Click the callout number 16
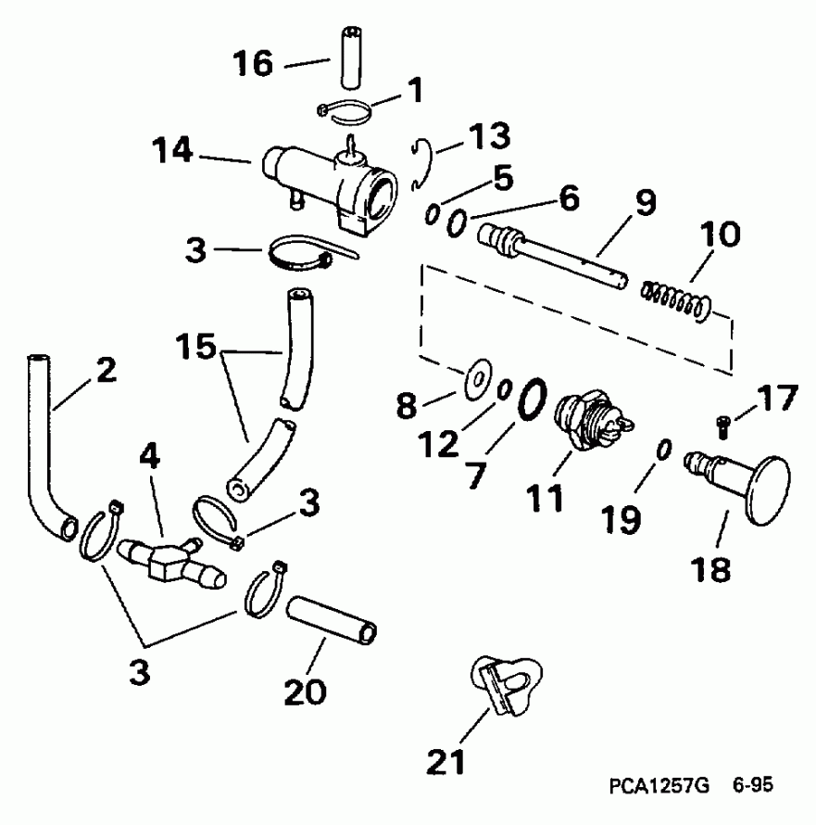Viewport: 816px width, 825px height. click(x=251, y=64)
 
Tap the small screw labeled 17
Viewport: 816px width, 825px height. click(x=724, y=426)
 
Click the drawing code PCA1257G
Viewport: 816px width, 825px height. click(x=659, y=786)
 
